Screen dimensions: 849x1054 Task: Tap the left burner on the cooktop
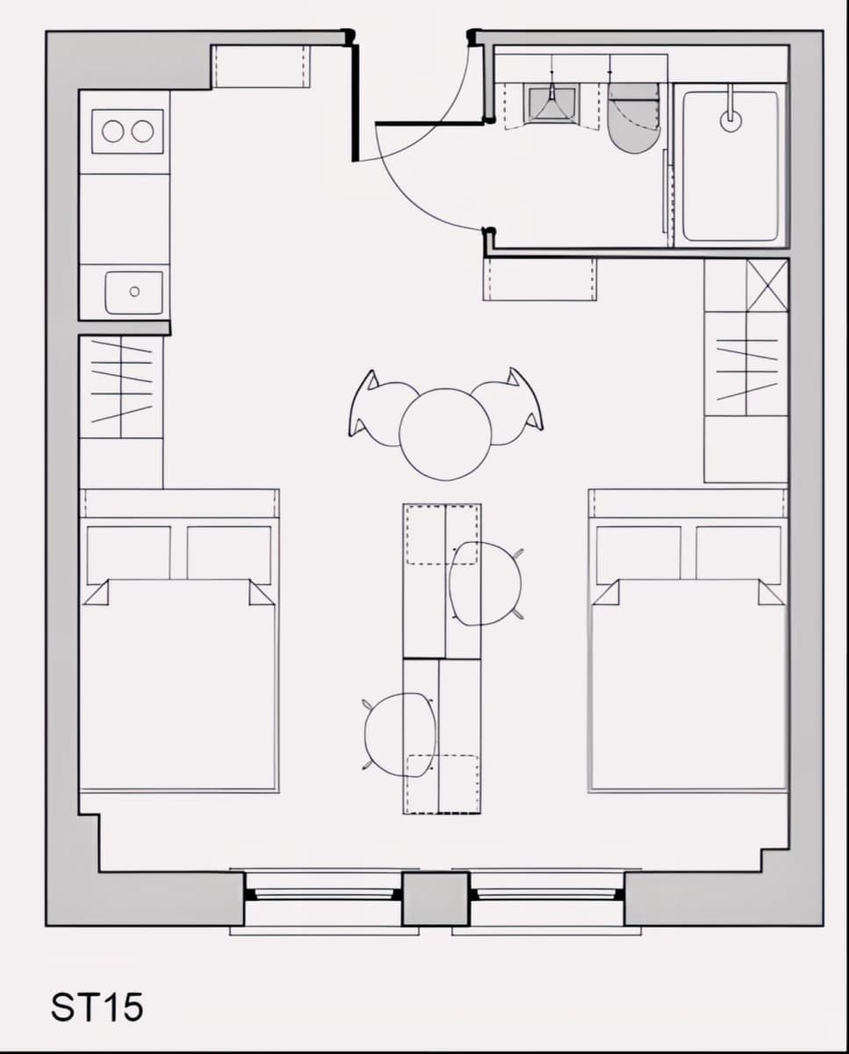tap(112, 131)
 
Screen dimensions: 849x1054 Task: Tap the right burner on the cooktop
tap(142, 131)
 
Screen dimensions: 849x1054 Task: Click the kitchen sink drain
tap(134, 292)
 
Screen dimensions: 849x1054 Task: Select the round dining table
tap(444, 435)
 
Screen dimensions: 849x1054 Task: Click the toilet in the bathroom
tap(634, 118)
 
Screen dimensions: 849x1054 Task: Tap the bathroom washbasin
tap(551, 102)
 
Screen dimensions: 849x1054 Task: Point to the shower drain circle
tap(731, 121)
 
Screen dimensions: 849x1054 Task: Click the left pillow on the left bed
tap(129, 555)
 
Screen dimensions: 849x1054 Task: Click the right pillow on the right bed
tap(737, 554)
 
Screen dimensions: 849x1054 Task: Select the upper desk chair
tap(486, 584)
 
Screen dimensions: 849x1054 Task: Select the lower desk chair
tap(399, 735)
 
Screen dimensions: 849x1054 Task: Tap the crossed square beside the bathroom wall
tap(767, 285)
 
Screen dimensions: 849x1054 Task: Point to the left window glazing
tap(323, 894)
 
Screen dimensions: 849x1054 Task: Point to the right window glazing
tap(546, 894)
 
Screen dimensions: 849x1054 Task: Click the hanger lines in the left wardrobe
tap(121, 380)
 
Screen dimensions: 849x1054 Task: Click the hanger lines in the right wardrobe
tap(747, 370)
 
